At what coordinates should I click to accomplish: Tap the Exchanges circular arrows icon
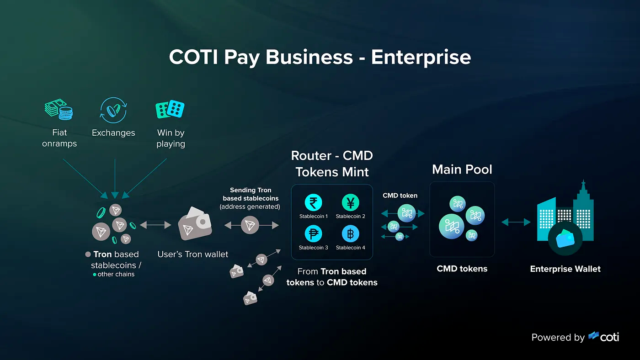113,110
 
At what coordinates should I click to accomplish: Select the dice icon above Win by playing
170,109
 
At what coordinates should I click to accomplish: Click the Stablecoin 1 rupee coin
314,202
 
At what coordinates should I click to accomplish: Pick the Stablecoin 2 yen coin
351,202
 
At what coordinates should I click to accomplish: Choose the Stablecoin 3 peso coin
314,234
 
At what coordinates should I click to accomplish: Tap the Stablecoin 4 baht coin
351,234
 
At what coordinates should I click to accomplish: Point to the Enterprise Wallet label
565,269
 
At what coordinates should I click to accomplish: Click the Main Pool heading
462,169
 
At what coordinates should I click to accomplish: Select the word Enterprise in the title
421,58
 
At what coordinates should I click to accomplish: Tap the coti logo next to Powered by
604,337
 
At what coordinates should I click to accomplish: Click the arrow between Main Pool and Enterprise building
516,222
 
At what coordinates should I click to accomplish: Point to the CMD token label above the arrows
400,195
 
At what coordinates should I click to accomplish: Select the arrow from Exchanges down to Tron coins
115,178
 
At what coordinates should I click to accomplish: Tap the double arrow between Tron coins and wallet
155,225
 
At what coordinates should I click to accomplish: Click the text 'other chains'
116,275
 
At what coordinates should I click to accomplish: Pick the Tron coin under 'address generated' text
250,225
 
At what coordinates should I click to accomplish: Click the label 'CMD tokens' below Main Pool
462,269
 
